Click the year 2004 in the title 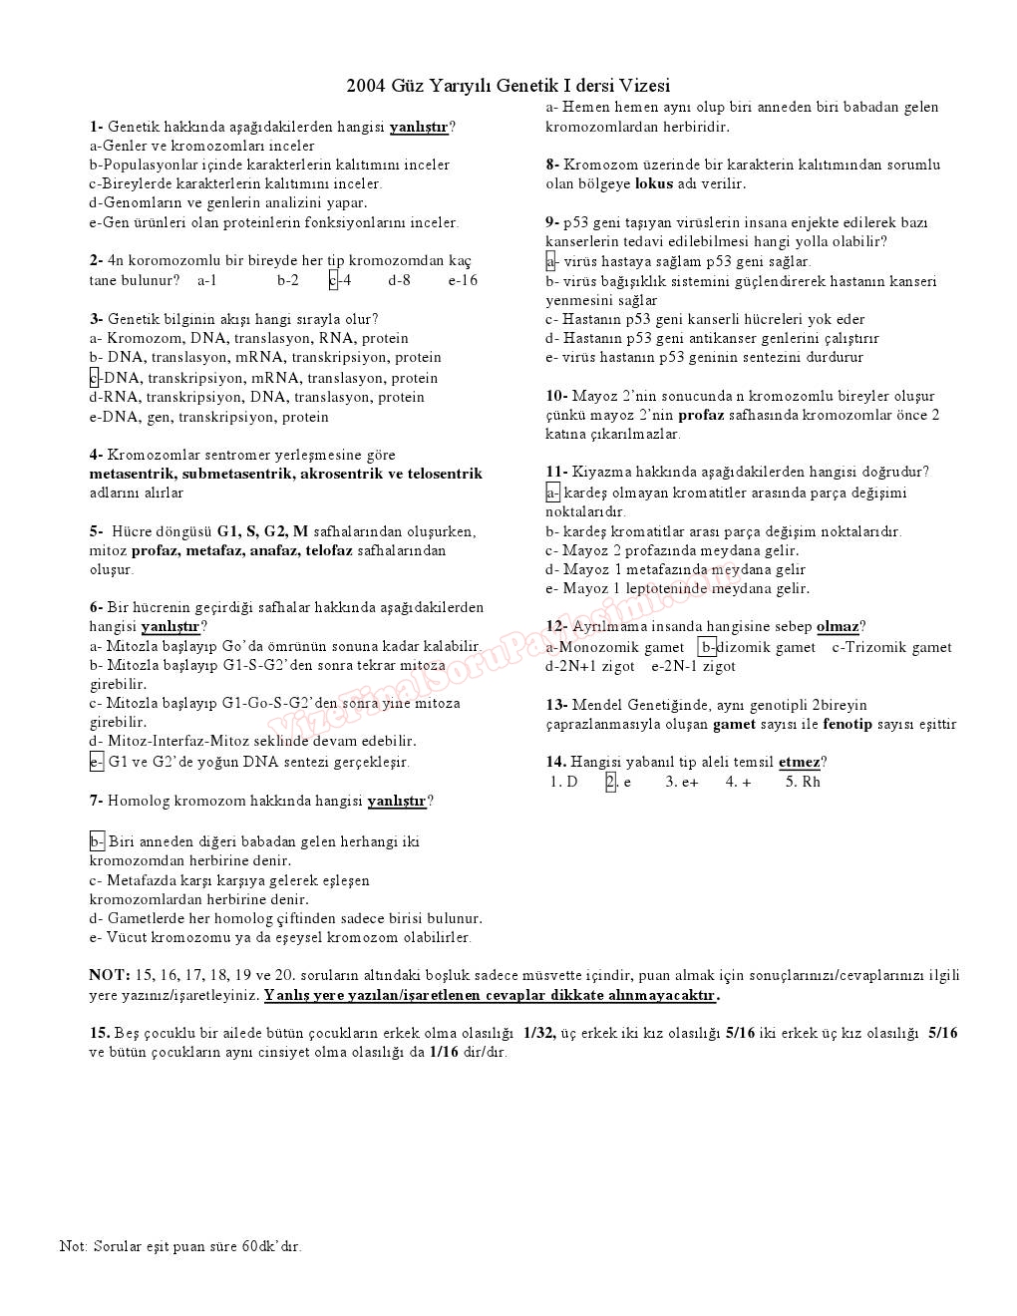point(366,86)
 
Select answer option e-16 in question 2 point(463,280)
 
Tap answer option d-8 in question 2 point(399,280)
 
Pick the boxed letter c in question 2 point(333,280)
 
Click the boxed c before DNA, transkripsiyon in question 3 point(94,378)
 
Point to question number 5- point(96,531)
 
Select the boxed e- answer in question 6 point(96,762)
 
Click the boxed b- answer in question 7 point(97,841)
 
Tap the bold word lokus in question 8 point(653,183)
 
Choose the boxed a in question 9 point(550,261)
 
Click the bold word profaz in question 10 point(701,415)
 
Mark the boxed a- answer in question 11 point(552,493)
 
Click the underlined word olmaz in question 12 point(837,627)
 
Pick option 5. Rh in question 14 point(803,782)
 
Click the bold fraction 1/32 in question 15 point(539,1033)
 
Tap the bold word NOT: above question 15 point(109,975)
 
